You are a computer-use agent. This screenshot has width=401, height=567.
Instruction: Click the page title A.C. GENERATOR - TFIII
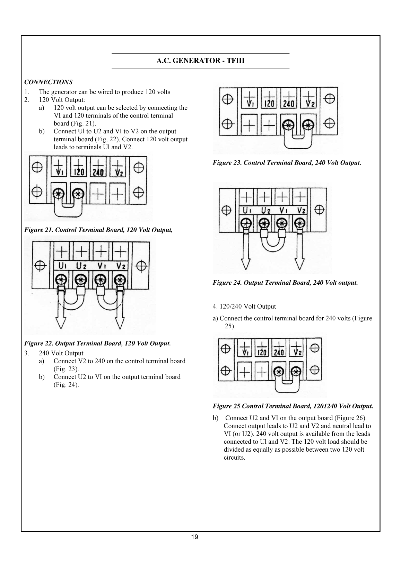(200, 61)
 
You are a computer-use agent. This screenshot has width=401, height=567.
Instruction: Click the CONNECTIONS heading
(48, 82)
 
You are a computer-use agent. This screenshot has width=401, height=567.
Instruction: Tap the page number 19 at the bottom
(194, 537)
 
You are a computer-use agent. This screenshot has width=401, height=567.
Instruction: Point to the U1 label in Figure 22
(62, 266)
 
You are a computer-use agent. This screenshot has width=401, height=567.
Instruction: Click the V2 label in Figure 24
(301, 210)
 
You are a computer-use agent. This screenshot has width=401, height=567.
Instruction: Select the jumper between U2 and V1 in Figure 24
(273, 243)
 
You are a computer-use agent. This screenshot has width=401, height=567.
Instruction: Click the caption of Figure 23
(287, 162)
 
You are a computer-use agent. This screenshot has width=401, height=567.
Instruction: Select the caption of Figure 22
(97, 344)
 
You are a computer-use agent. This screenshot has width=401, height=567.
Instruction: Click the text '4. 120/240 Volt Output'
(244, 307)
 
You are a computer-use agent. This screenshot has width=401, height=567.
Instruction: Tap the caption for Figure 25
(293, 406)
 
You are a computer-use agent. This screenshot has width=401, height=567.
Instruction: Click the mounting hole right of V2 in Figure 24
(319, 210)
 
